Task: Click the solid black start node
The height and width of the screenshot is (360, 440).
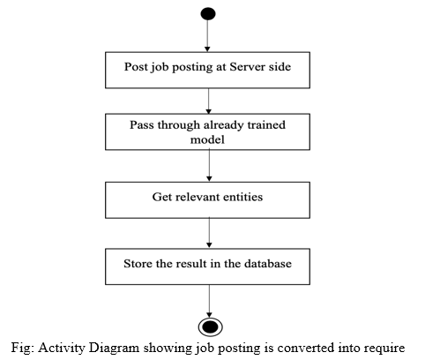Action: point(208,14)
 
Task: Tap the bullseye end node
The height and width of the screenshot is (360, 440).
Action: point(210,326)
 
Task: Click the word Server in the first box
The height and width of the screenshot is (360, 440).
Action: point(245,66)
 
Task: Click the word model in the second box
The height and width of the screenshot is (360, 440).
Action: point(207,139)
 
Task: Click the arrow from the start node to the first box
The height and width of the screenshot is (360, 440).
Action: point(207,36)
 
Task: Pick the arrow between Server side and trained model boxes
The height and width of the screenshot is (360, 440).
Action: point(209,101)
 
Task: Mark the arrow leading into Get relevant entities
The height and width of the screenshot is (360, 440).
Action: point(209,165)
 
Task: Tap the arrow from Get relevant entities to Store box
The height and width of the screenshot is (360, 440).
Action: point(209,233)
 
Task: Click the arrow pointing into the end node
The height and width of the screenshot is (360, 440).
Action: point(209,301)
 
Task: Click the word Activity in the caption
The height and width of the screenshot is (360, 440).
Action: point(62,348)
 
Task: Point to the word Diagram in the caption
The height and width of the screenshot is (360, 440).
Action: point(114,348)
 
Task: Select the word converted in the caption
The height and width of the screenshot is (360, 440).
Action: point(306,348)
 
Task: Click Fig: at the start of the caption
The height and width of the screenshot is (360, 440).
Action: point(23,348)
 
